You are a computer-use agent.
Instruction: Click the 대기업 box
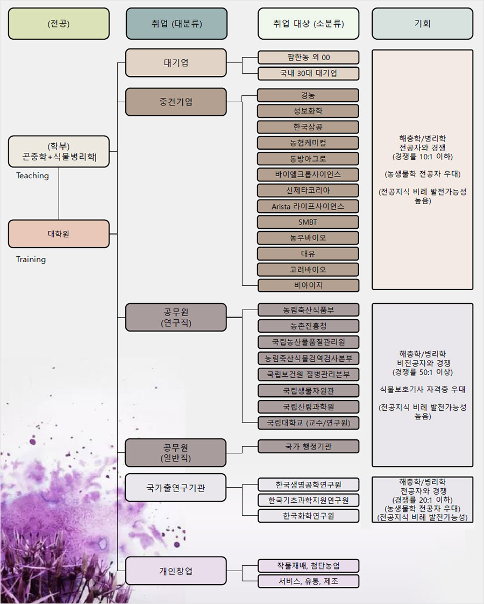[x=176, y=62]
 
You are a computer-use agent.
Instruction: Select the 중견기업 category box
[x=176, y=102]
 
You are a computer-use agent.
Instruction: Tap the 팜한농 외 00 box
[x=308, y=57]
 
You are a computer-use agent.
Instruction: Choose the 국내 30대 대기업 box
[x=308, y=73]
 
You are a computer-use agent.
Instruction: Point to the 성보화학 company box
[x=308, y=111]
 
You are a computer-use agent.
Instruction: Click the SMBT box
[x=308, y=222]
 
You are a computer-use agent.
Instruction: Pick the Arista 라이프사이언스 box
[x=308, y=206]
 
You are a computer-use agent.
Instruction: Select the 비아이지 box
[x=308, y=285]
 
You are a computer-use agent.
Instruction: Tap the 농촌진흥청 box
[x=308, y=326]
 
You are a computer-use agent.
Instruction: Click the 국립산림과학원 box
[x=308, y=406]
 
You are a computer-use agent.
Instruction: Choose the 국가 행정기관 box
[x=308, y=446]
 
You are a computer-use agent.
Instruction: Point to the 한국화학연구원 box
[x=308, y=516]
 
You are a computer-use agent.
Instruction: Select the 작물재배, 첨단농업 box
[x=308, y=565]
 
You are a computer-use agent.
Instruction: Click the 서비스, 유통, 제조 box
[x=308, y=581]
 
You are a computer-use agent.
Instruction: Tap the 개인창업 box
[x=176, y=571]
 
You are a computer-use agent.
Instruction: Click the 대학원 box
[x=59, y=234]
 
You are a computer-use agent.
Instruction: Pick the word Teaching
[x=32, y=175]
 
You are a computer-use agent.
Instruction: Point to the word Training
[x=31, y=259]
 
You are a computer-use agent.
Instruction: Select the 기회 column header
[x=422, y=24]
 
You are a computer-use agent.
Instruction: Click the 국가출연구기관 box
[x=176, y=488]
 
